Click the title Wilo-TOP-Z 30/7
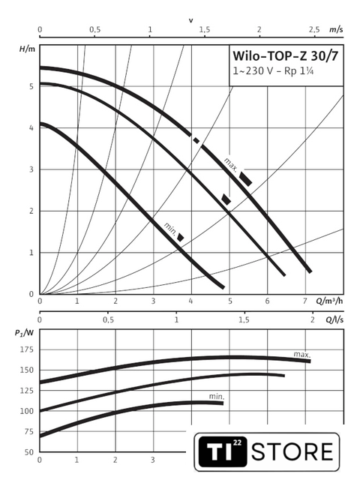[285, 56]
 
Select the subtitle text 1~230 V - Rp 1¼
[273, 71]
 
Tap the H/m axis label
[27, 49]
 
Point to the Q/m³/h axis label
[329, 301]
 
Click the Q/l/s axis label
[334, 320]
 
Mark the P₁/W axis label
[24, 332]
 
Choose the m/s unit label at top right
[336, 29]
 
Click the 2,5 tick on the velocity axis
[314, 30]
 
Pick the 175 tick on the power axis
[27, 349]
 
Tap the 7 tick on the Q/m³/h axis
[305, 301]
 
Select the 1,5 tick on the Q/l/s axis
[244, 320]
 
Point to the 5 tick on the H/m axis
[31, 87]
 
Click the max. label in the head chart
[230, 165]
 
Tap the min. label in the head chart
[170, 229]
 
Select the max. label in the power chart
[302, 355]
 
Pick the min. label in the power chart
[217, 397]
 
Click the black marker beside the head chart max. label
[245, 179]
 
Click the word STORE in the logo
[292, 451]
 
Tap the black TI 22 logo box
[223, 451]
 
